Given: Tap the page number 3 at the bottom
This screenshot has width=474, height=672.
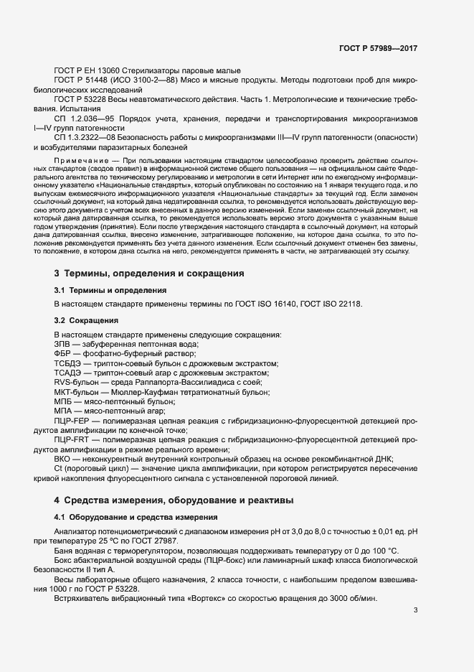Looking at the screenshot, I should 416,611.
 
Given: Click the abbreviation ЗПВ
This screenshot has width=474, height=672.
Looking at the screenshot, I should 64,345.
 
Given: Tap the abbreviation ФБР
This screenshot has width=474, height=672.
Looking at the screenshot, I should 65,355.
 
